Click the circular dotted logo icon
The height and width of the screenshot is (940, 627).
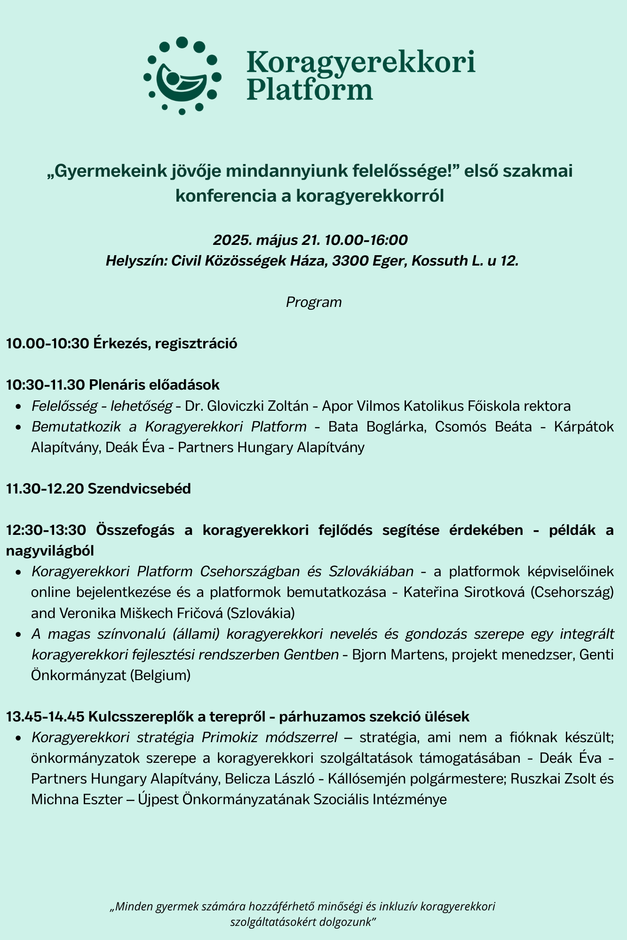pyautogui.click(x=182, y=76)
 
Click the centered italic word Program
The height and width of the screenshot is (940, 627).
pyautogui.click(x=314, y=302)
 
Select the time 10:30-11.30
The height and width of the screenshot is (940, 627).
pyautogui.click(x=46, y=385)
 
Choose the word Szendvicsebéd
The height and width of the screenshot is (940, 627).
pyautogui.click(x=139, y=489)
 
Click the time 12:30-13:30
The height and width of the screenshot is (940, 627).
pyautogui.click(x=46, y=530)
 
